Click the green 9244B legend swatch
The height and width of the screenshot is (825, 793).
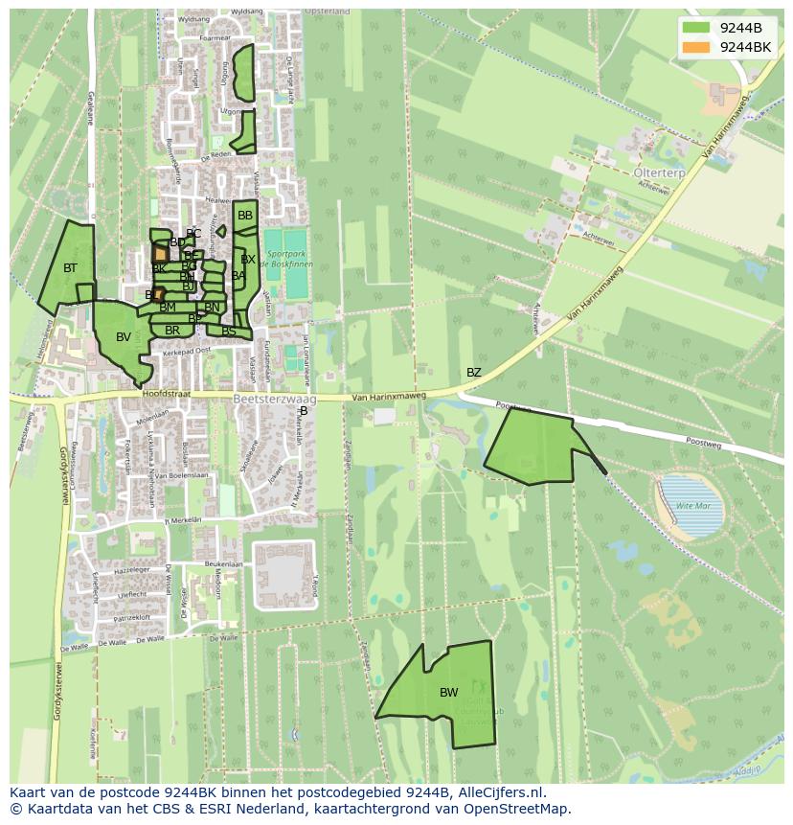pos(696,28)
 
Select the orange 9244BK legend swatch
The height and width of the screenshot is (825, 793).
pos(696,47)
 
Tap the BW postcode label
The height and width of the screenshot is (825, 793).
pos(448,693)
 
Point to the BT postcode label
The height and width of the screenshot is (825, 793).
pos(70,268)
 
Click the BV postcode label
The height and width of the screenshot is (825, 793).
pos(123,337)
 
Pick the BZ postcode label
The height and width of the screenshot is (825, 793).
pos(474,373)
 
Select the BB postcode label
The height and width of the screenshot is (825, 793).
pos(245,217)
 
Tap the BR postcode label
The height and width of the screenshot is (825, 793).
pos(172,331)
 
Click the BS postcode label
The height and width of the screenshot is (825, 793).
pos(228,332)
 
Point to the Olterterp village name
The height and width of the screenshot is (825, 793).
pos(660,172)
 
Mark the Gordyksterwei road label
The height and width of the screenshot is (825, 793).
pos(64,479)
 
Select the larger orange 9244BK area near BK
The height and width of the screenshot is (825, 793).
pos(160,254)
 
